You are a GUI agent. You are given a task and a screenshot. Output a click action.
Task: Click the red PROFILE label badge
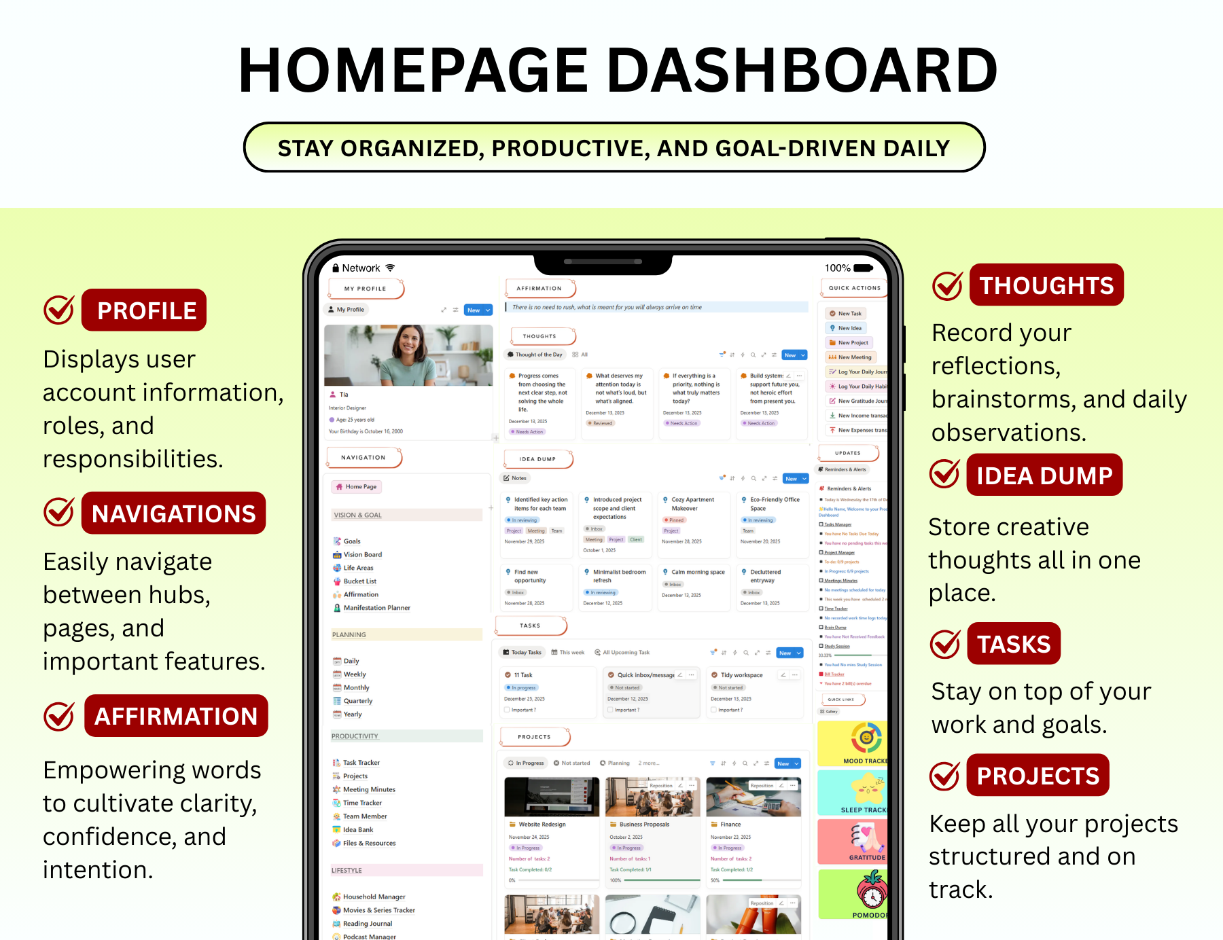(x=144, y=310)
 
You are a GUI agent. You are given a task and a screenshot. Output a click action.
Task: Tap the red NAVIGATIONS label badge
(x=174, y=513)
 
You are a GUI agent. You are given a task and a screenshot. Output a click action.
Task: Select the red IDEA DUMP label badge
(x=1044, y=475)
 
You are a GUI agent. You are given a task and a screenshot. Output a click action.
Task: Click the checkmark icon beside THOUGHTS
(x=947, y=286)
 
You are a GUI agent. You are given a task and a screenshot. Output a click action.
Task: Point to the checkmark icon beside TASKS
(x=944, y=645)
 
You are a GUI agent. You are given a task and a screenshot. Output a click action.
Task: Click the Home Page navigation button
(x=357, y=487)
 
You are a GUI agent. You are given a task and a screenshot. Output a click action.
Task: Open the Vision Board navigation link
(x=362, y=555)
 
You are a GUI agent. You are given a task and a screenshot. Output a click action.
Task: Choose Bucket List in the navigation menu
(x=359, y=581)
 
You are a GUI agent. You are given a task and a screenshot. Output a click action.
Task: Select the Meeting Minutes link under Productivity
(x=369, y=789)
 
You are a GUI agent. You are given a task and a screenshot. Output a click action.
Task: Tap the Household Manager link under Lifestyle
(x=374, y=897)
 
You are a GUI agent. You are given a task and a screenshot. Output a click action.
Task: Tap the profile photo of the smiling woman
(x=408, y=355)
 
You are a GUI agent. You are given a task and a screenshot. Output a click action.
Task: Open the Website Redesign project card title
(x=542, y=825)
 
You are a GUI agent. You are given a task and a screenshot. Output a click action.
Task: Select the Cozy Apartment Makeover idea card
(x=692, y=504)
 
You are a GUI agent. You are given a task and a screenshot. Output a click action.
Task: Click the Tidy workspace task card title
(x=741, y=675)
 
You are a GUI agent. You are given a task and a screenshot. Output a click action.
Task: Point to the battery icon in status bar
(x=863, y=268)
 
